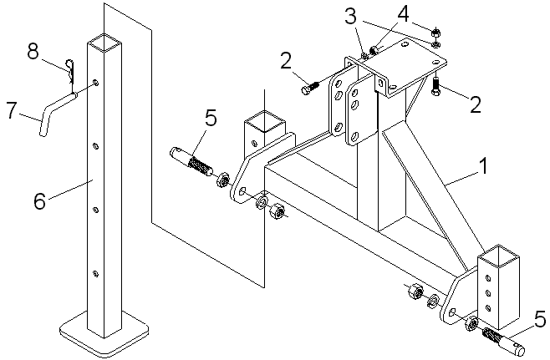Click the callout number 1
(x=484, y=166)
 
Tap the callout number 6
(x=39, y=200)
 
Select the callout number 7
(x=11, y=110)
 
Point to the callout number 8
(x=33, y=52)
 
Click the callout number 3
(x=350, y=17)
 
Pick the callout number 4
(x=404, y=14)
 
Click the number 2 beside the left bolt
(x=286, y=61)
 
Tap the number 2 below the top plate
(x=476, y=104)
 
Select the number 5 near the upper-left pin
(x=211, y=118)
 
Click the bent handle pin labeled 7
(x=56, y=111)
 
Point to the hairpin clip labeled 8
(x=71, y=71)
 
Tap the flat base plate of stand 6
(x=104, y=333)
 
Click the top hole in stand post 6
(x=95, y=83)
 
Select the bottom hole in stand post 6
(x=95, y=273)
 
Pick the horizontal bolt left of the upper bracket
(x=310, y=88)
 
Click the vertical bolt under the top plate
(x=436, y=87)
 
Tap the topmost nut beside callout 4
(x=436, y=33)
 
